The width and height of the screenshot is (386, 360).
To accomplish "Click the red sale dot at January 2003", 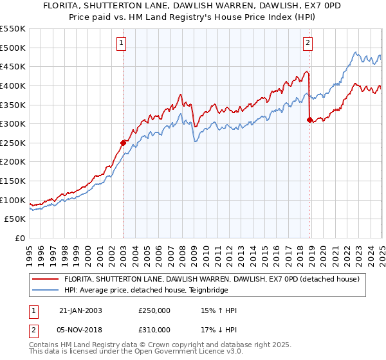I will [124, 143].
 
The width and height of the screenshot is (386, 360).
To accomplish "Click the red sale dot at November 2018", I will [309, 120].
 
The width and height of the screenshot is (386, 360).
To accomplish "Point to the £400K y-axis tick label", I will [13, 85].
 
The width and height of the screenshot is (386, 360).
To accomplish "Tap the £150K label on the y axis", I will [13, 181].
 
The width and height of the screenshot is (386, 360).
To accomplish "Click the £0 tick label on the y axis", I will [20, 239].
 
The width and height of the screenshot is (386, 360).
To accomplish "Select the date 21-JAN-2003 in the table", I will [80, 310].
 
